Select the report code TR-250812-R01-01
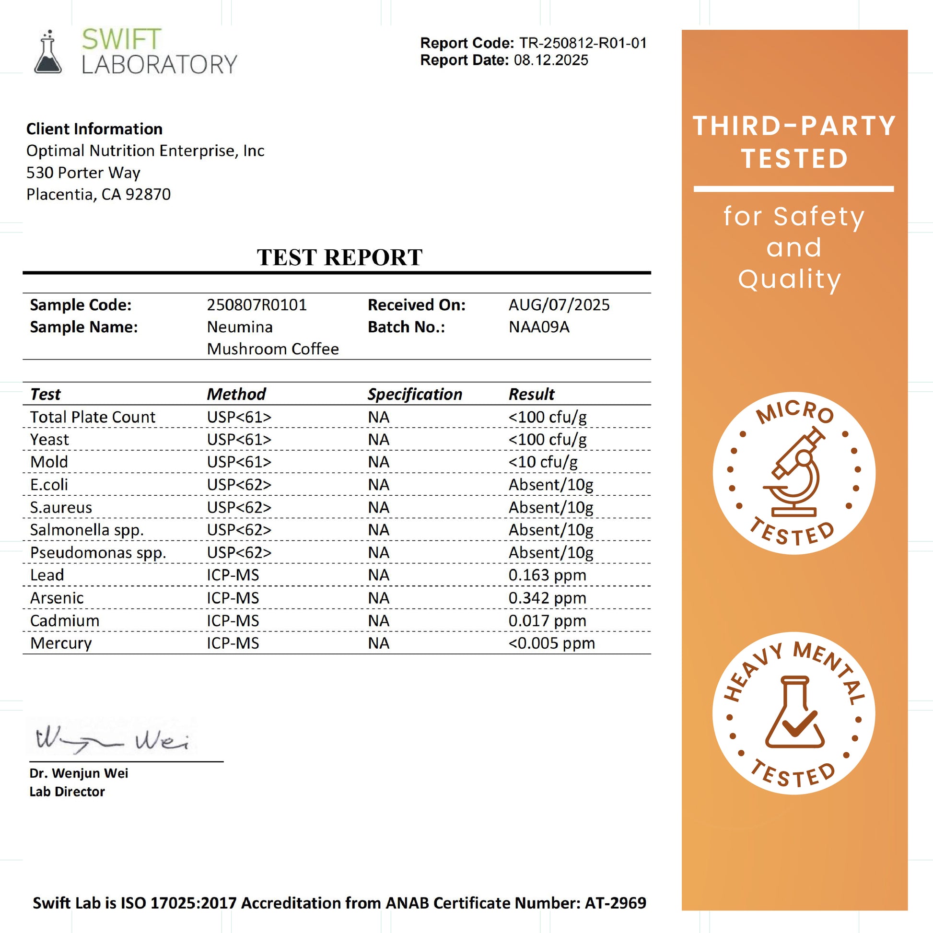tap(583, 43)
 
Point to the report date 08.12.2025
tap(550, 60)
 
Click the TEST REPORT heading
tap(339, 257)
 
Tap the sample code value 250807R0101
tap(257, 305)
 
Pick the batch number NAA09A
tap(538, 327)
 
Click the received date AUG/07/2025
tap(559, 305)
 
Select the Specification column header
tap(415, 394)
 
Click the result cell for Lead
tap(547, 575)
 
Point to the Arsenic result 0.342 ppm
tap(547, 598)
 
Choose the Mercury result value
tap(551, 643)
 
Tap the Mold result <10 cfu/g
tap(543, 462)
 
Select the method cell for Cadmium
tap(233, 620)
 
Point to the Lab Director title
tap(67, 792)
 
